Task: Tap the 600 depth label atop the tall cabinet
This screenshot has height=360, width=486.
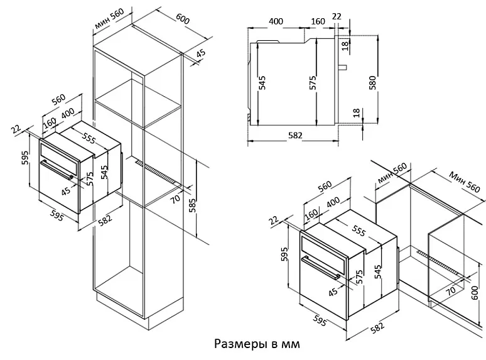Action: click(183, 19)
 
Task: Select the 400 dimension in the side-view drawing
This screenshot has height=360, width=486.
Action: click(276, 21)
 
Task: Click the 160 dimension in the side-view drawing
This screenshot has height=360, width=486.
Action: click(318, 21)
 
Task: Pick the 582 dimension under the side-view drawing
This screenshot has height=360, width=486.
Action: click(294, 134)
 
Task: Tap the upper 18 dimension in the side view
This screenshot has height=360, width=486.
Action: click(345, 45)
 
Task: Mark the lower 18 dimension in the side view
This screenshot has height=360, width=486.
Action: click(356, 113)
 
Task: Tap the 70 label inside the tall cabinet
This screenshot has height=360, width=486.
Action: click(176, 200)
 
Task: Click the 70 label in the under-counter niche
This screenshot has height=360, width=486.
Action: click(451, 290)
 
